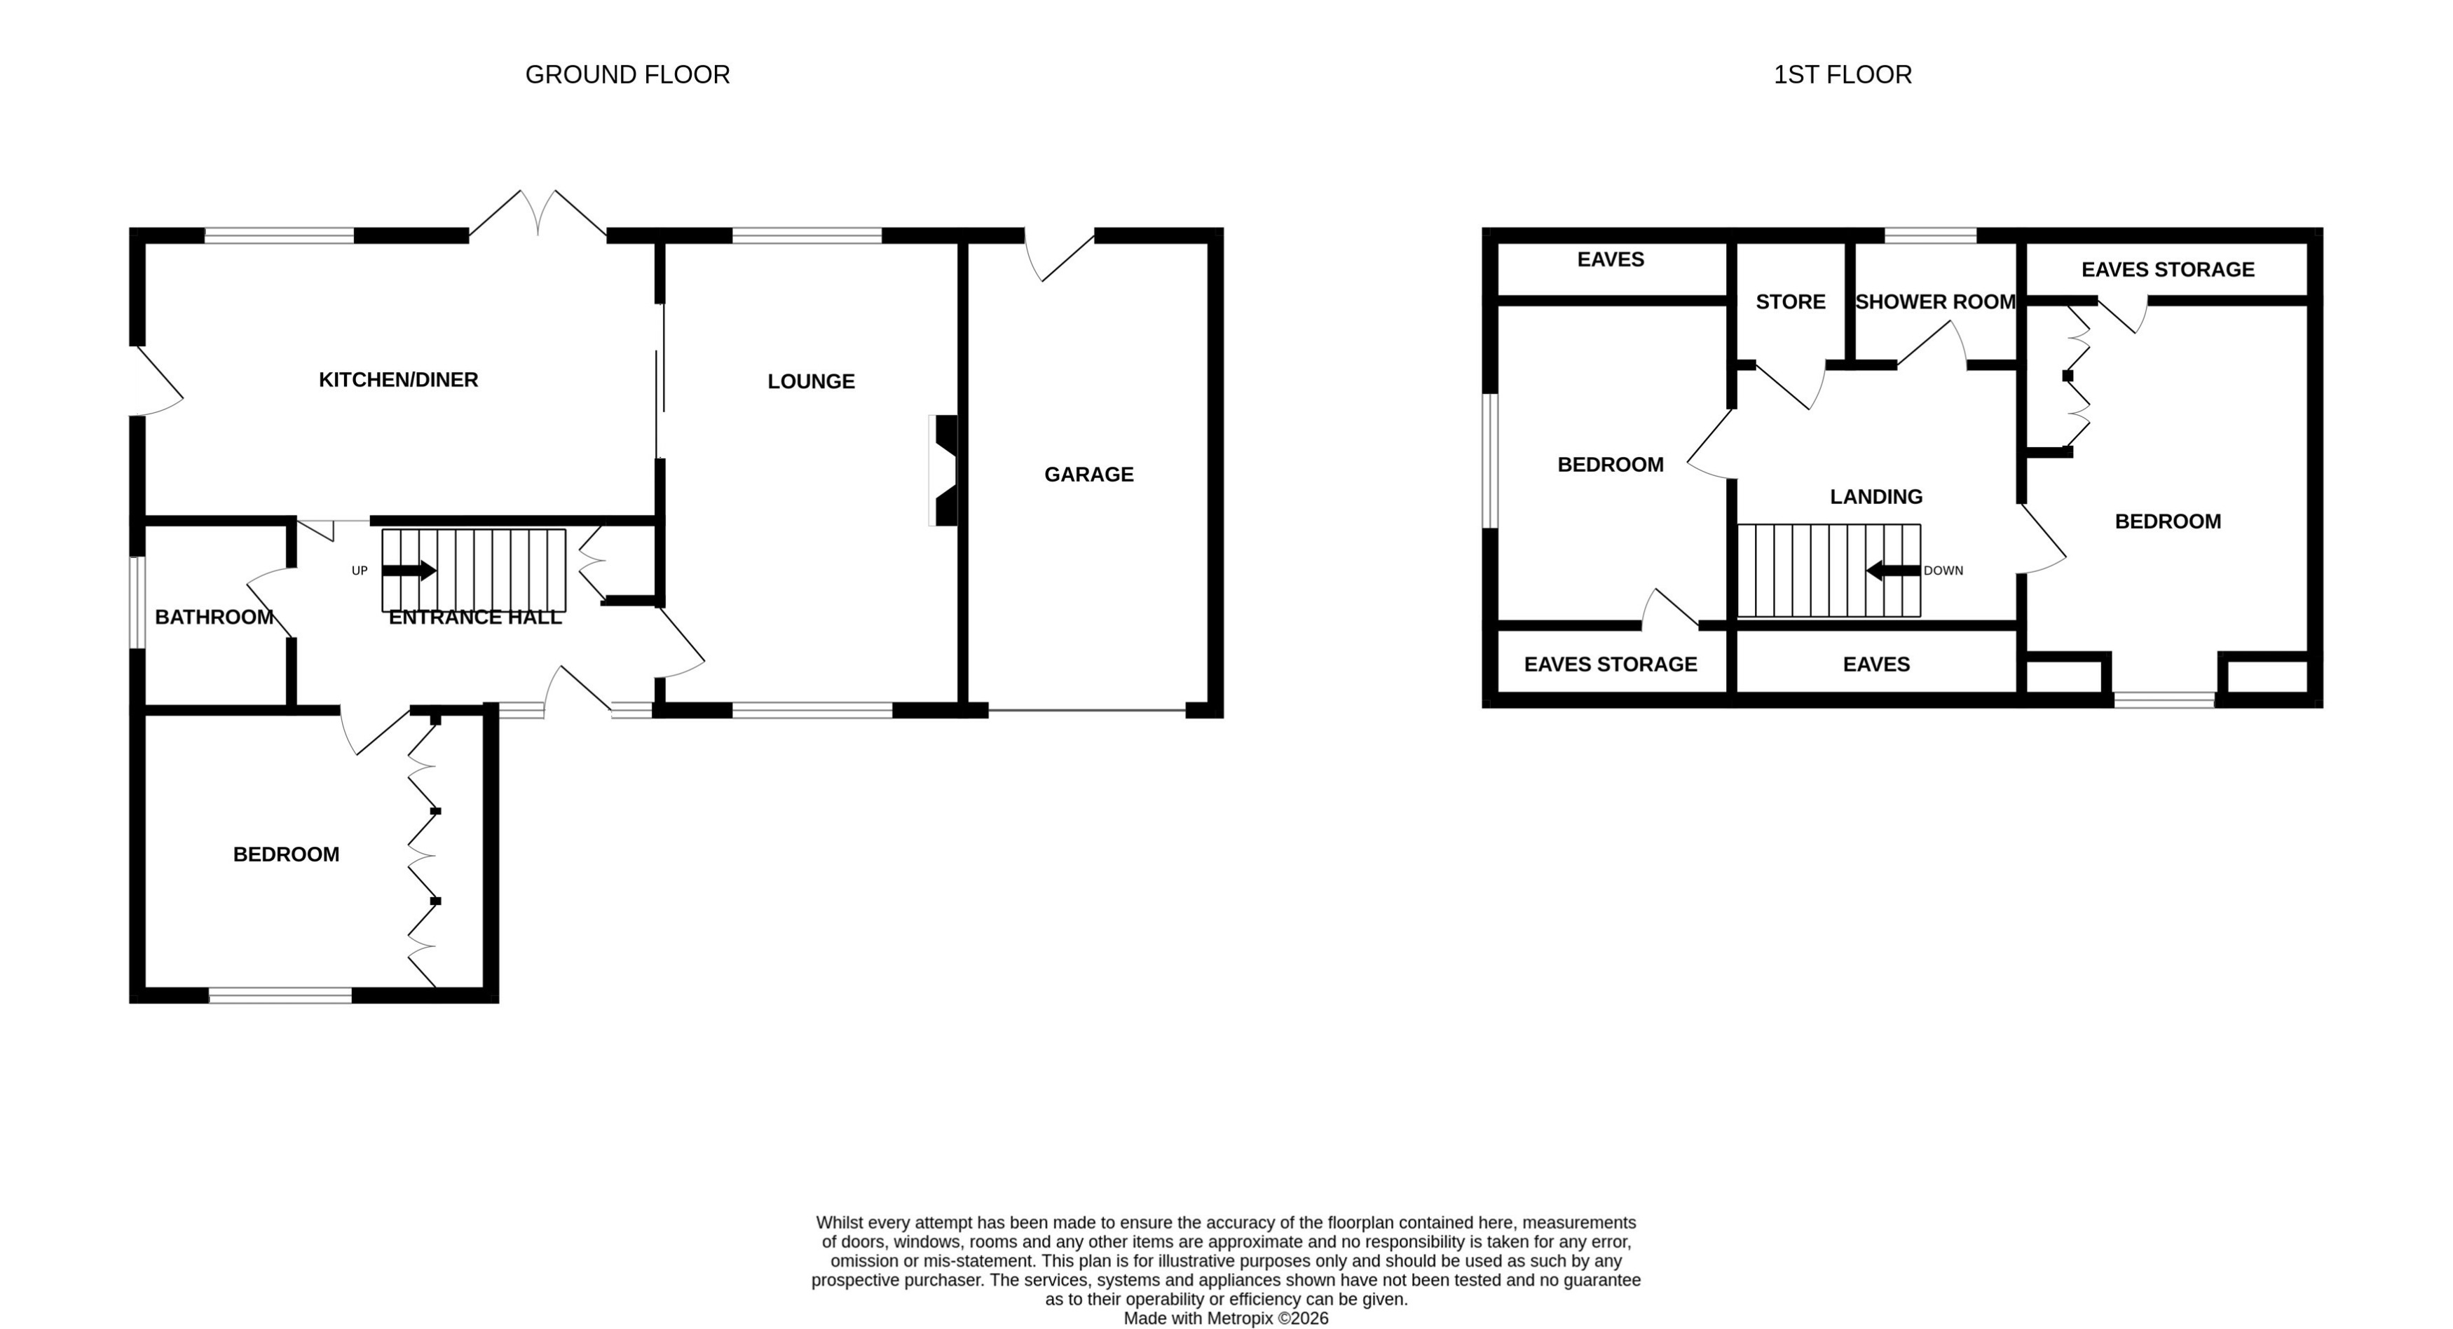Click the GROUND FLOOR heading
(627, 74)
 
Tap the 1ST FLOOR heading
(1842, 74)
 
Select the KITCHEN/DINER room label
(398, 380)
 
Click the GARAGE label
(1088, 475)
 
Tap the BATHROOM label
(214, 618)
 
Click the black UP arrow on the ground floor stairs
(409, 571)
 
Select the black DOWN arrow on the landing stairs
(1893, 571)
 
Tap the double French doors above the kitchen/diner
(538, 214)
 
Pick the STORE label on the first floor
(1790, 302)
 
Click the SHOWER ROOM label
(1935, 302)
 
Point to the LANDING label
(1876, 496)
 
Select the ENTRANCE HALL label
(475, 618)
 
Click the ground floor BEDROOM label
(286, 854)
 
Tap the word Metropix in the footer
(1240, 1318)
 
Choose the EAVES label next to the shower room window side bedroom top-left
(1611, 259)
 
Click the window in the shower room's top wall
(1930, 236)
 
